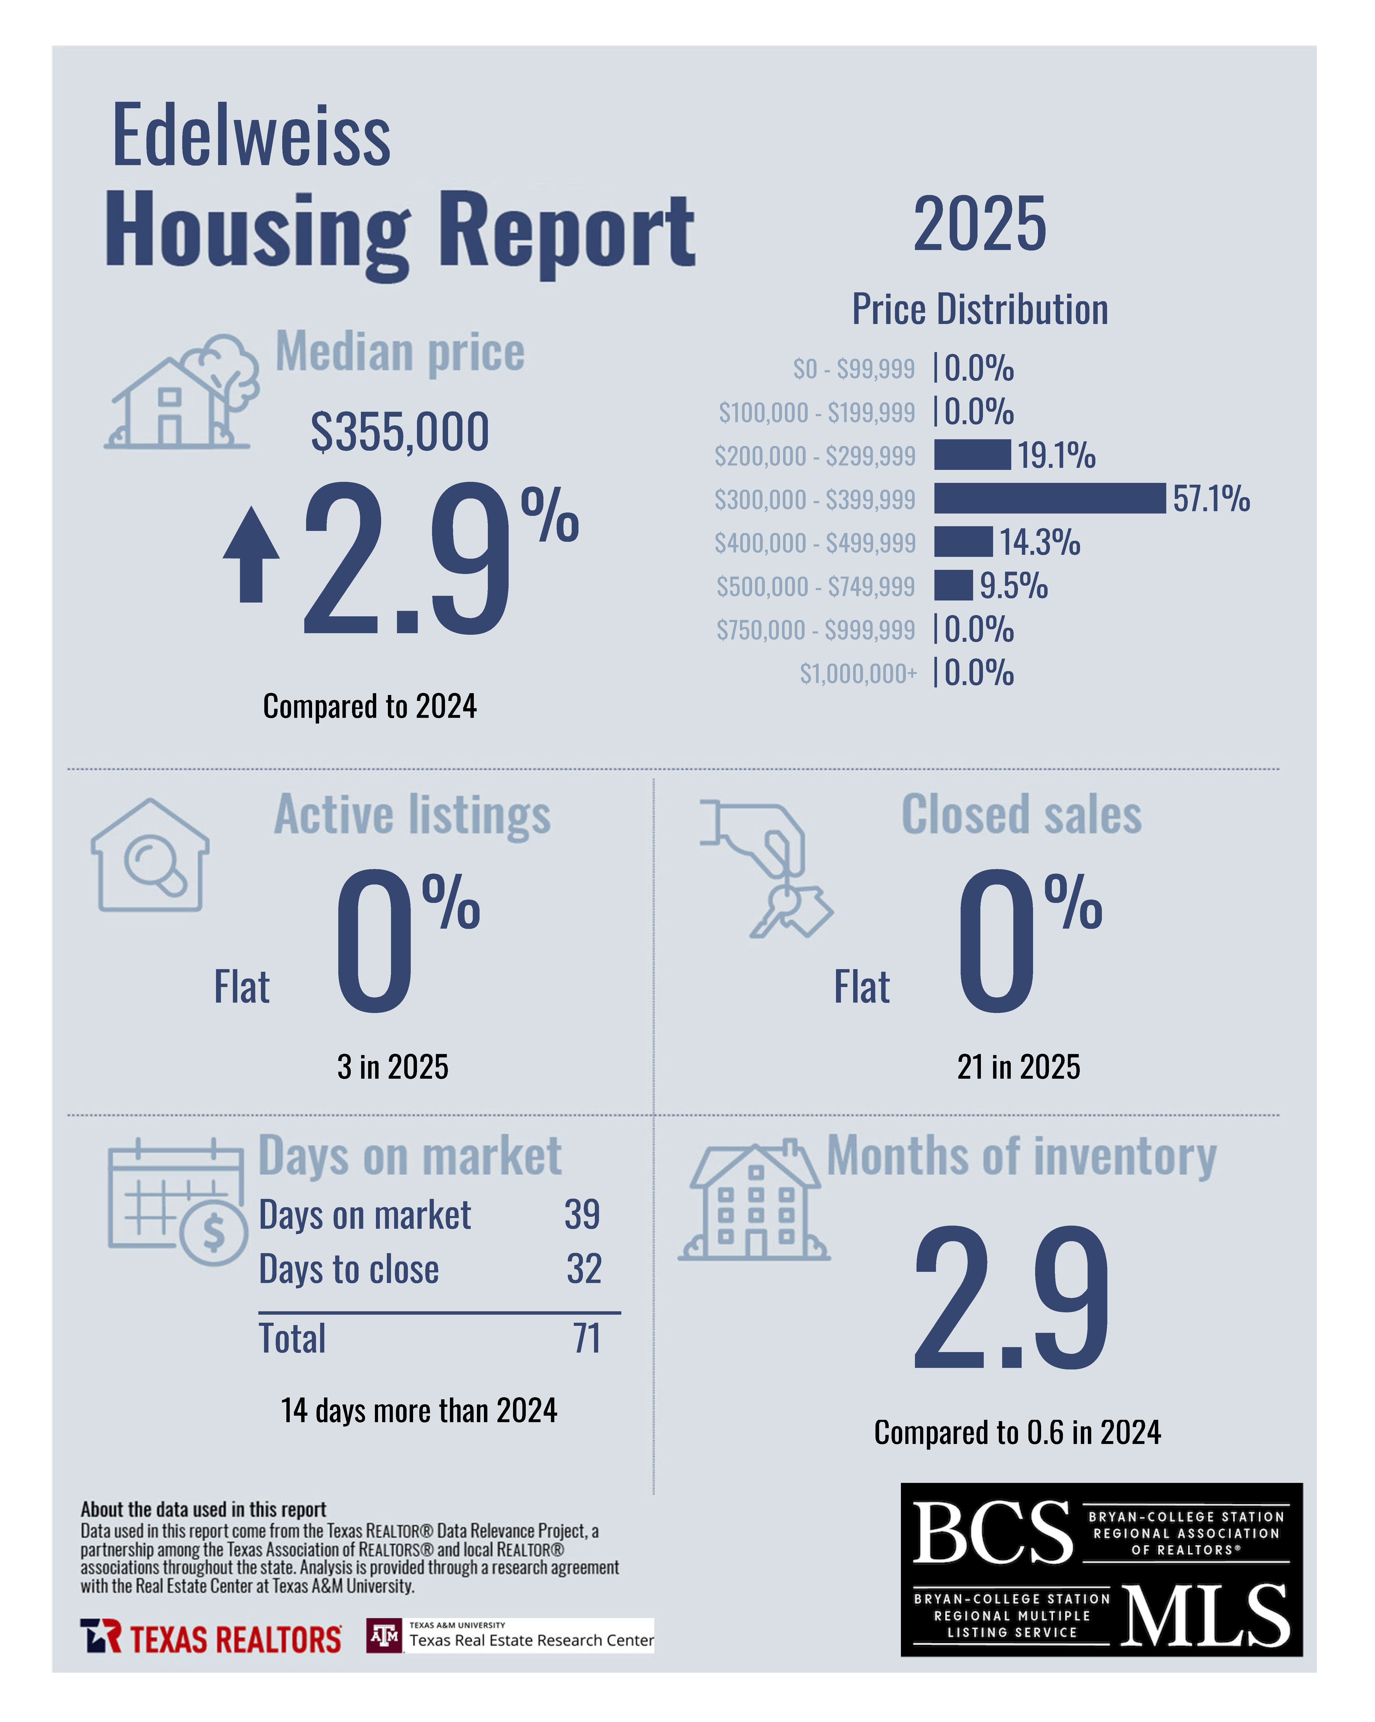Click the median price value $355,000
[400, 432]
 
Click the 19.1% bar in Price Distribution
[972, 455]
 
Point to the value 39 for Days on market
[582, 1215]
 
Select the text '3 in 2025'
[392, 1067]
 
